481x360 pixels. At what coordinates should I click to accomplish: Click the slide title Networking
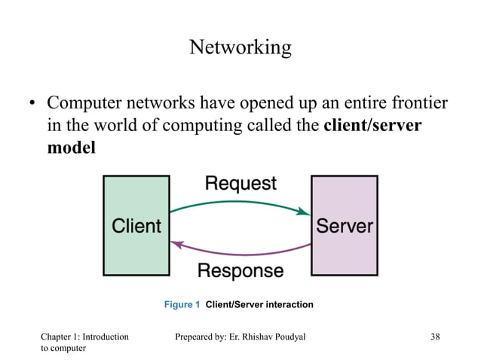tap(240, 47)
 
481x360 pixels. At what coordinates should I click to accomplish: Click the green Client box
tap(136, 225)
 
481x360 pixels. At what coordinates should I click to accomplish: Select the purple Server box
tap(345, 225)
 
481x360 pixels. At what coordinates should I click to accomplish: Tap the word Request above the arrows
tap(240, 183)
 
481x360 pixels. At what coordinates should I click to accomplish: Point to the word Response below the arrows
tap(240, 270)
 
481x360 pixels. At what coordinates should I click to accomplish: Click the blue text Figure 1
tap(182, 305)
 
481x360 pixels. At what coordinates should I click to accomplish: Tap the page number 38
tap(435, 337)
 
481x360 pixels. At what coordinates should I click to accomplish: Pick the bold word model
tap(72, 147)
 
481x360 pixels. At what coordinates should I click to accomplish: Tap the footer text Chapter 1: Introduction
tap(84, 337)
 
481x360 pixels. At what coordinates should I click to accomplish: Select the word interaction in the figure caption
tap(288, 305)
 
